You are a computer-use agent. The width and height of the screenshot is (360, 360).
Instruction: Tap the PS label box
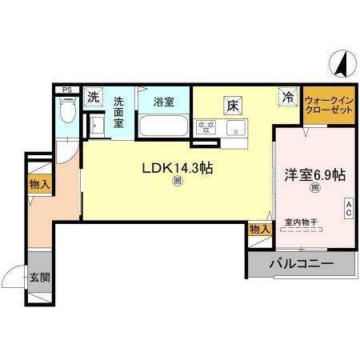coord(67,90)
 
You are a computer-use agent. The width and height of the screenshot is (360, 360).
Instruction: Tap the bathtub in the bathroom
coord(163,127)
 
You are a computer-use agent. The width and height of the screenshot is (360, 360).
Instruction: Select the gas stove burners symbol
coord(206,126)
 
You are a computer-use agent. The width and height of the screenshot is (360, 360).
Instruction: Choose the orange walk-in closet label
coord(328,105)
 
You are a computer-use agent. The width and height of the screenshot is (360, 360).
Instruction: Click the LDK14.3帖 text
coord(177,168)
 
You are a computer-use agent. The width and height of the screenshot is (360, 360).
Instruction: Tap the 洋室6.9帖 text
coord(315,174)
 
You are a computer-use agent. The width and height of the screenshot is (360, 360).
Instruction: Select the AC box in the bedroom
coord(349,210)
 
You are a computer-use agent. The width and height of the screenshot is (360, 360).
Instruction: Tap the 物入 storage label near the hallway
coord(39,186)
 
